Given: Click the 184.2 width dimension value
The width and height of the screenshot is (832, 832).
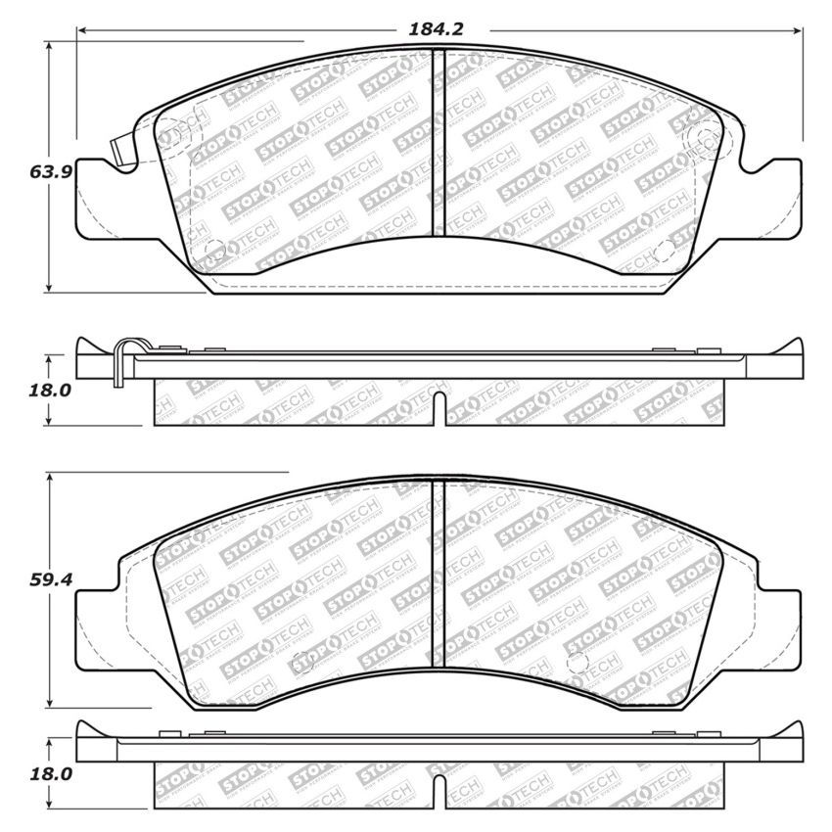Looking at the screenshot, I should pyautogui.click(x=436, y=29).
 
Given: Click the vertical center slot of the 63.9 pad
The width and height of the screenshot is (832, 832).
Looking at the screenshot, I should pyautogui.click(x=439, y=142).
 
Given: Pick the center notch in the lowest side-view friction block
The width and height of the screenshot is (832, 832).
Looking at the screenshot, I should pyautogui.click(x=439, y=790).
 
